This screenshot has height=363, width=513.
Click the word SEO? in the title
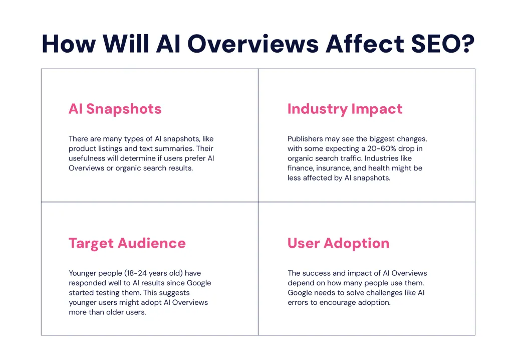point(442,44)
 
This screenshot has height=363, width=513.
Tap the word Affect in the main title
point(365,44)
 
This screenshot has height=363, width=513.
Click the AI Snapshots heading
point(115,109)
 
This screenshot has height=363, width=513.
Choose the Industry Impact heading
point(345,109)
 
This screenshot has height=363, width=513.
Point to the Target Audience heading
point(127,243)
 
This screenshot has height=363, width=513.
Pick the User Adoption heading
point(339,243)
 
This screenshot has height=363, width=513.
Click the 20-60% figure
point(381,148)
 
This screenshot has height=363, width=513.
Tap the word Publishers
point(305,139)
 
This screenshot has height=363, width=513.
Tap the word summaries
point(174,148)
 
